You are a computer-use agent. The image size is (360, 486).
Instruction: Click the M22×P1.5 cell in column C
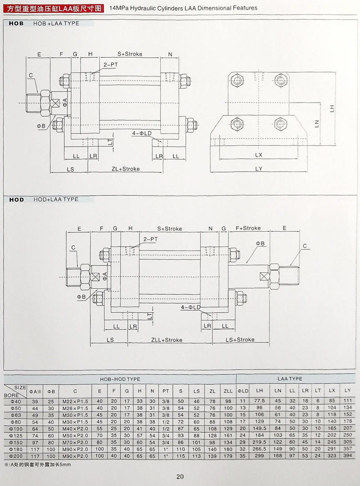pyautogui.click(x=75, y=401)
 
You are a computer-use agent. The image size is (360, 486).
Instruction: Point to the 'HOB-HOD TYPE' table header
pyautogui.click(x=120, y=379)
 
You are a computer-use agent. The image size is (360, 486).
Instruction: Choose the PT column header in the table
pyautogui.click(x=166, y=391)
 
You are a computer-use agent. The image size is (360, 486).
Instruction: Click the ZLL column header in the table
pyautogui.click(x=228, y=391)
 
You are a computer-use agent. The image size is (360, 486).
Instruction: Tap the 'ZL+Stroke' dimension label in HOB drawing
pyautogui.click(x=126, y=169)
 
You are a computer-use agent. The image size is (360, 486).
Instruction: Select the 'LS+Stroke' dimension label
pyautogui.click(x=240, y=340)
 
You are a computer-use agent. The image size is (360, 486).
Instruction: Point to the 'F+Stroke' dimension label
pyautogui.click(x=248, y=228)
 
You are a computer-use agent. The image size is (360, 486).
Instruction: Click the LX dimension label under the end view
pyautogui.click(x=258, y=155)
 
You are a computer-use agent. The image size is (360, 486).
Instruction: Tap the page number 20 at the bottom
pyautogui.click(x=180, y=477)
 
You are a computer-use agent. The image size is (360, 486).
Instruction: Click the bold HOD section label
pyautogui.click(x=16, y=199)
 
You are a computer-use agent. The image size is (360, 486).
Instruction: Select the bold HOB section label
pyautogui.click(x=16, y=23)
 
